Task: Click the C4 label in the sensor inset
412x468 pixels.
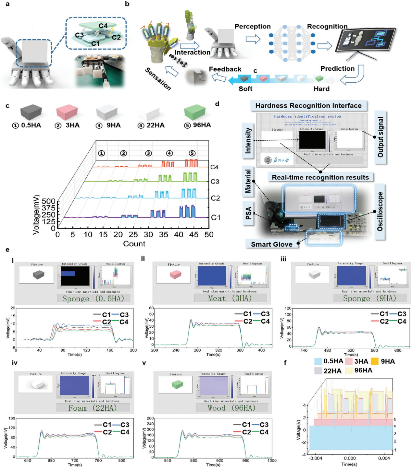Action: tap(103, 26)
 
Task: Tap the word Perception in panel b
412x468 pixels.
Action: tap(252, 27)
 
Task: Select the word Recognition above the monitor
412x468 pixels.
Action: tap(327, 27)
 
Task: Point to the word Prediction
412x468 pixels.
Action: tap(337, 69)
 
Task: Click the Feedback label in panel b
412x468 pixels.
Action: tap(225, 69)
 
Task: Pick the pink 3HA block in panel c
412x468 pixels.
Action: tap(67, 112)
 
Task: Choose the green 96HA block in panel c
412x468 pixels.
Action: tap(195, 112)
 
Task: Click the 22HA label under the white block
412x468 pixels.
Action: tap(156, 125)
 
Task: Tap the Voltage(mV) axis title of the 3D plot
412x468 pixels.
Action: tap(36, 215)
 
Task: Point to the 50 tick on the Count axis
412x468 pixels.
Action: tap(209, 235)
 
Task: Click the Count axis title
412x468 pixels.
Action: tap(134, 244)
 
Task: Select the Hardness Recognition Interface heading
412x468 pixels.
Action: tap(308, 106)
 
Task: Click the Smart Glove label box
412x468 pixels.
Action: tap(271, 244)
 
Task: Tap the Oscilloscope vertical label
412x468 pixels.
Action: tap(380, 212)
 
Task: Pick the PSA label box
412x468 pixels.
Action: tap(248, 213)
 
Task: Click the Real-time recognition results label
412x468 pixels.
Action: tap(320, 178)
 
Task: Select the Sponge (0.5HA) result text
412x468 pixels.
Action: tap(93, 298)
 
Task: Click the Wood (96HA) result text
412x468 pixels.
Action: tap(231, 408)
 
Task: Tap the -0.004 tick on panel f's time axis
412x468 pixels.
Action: tap(316, 458)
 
